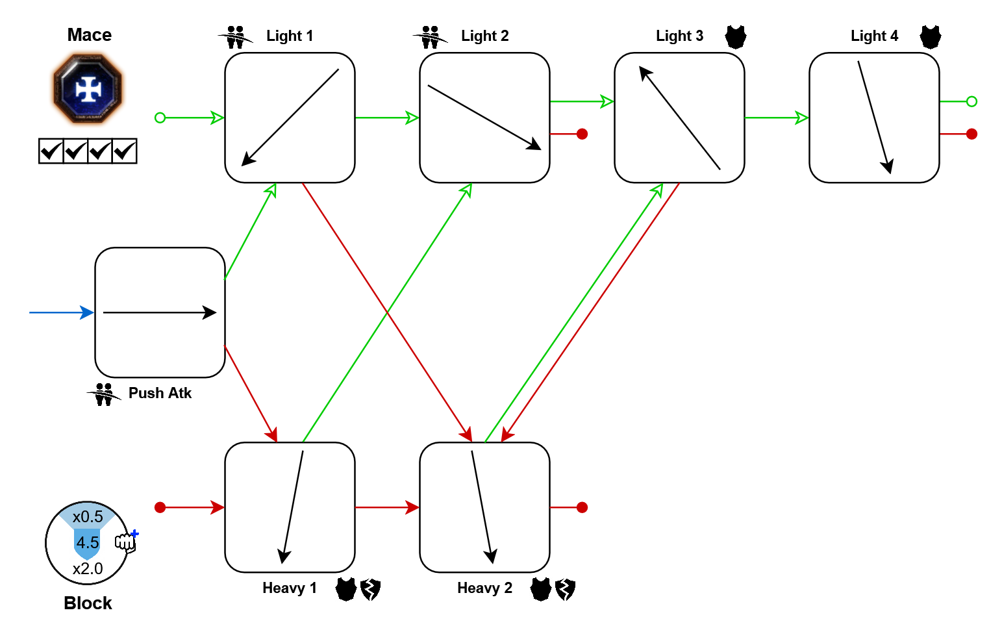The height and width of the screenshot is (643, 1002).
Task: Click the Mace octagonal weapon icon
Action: point(88,89)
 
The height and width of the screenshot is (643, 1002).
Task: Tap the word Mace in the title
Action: point(90,35)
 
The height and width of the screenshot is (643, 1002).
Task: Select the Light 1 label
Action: point(290,36)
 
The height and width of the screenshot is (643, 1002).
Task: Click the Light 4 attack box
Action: point(874,118)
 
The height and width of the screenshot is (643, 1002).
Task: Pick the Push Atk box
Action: point(160,312)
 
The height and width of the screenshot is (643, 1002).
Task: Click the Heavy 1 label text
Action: point(290,588)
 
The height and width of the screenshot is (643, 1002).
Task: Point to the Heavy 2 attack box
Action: point(484,507)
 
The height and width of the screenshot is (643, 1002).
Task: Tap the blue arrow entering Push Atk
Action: point(61,312)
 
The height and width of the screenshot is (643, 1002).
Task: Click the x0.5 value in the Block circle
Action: point(88,517)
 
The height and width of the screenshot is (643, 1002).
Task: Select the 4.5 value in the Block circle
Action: point(88,542)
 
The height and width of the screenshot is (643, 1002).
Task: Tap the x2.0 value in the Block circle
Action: point(88,569)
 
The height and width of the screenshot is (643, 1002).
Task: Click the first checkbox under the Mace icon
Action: point(51,151)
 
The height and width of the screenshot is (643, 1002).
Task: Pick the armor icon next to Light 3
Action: point(736,36)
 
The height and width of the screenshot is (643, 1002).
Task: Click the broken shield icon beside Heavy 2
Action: point(565,589)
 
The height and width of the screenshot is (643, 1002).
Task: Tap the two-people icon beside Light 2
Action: point(430,37)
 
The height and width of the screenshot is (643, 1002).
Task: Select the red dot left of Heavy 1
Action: point(160,507)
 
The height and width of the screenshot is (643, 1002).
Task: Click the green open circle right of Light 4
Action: point(971,101)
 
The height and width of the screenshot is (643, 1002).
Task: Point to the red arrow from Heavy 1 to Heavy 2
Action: point(387,507)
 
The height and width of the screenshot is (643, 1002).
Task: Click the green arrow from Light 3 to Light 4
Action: point(777,118)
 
